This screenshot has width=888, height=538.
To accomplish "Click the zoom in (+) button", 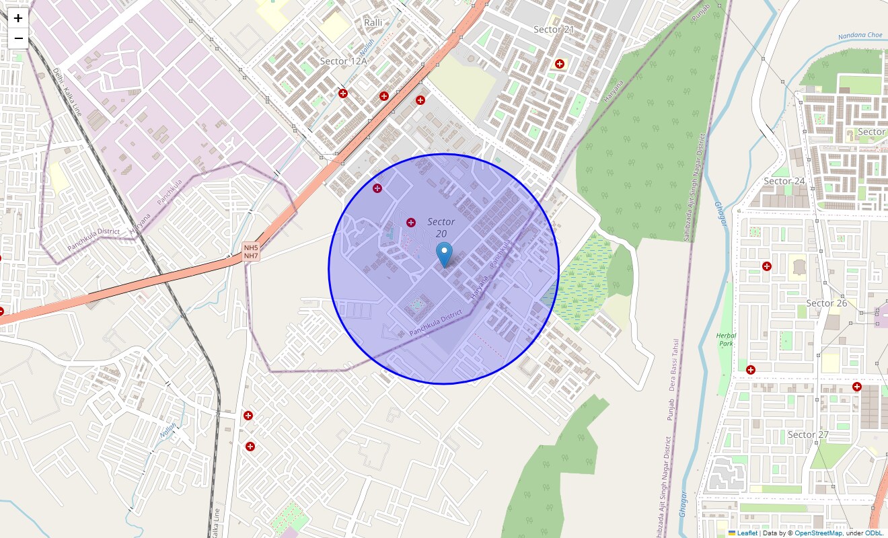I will tap(18, 19).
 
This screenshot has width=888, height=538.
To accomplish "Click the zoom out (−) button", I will tap(18, 38).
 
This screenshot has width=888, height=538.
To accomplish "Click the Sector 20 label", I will tap(441, 227).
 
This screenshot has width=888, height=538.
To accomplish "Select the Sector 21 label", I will tap(554, 30).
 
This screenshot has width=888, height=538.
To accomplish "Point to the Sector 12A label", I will tap(344, 61).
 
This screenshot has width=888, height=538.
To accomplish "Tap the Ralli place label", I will tap(373, 23).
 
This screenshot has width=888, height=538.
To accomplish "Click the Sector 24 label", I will tap(784, 181).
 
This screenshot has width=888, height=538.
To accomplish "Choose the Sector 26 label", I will tap(827, 303).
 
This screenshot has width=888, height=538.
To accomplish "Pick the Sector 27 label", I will tap(808, 434).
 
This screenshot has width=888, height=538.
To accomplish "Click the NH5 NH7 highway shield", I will tap(251, 252).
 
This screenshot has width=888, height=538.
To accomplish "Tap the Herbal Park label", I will tap(726, 340).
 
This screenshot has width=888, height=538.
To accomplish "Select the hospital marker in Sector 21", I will tap(560, 64).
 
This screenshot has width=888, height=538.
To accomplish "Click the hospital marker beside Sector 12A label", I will tap(343, 93).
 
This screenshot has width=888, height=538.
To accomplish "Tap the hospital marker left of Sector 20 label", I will tap(411, 222).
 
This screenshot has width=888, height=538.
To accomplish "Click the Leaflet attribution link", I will tap(747, 533).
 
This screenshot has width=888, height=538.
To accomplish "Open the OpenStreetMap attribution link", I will tap(818, 533).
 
